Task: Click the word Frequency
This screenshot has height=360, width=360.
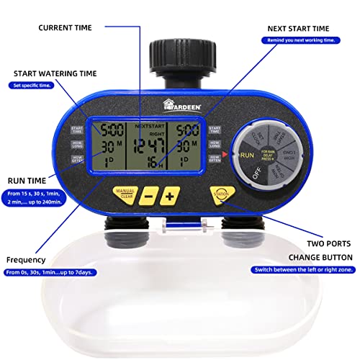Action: click(27, 259)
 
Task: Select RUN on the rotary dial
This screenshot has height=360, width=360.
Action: click(248, 154)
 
